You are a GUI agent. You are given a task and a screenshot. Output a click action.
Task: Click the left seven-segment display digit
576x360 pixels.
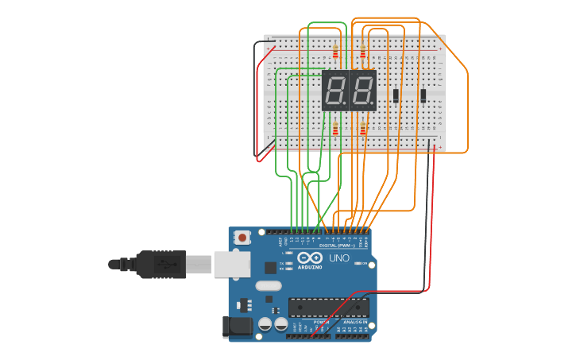334,91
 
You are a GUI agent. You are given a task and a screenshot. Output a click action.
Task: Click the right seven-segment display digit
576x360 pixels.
362,91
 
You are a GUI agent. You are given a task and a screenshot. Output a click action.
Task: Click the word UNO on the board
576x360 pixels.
339,257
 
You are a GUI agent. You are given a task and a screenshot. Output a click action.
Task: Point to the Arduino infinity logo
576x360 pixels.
310,258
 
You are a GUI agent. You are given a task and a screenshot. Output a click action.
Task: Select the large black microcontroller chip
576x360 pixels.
328,307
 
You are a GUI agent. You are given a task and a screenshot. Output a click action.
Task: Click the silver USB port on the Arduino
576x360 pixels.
231,264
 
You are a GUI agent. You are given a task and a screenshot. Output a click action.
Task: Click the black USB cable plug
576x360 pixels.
160,264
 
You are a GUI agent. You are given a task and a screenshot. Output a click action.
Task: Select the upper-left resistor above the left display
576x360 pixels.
335,53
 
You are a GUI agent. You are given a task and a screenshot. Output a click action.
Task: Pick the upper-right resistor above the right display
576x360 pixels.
363,53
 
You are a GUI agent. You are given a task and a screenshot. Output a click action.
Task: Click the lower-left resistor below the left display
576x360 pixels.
335,130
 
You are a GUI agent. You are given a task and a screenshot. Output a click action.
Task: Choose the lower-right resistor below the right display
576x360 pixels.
363,130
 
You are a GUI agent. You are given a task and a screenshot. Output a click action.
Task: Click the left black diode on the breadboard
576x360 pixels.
396,95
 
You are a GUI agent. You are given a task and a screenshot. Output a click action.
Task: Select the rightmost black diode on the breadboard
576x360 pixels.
423,95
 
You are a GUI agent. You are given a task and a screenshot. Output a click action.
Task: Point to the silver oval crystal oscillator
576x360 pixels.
269,285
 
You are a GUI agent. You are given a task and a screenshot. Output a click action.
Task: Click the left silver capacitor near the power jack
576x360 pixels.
265,324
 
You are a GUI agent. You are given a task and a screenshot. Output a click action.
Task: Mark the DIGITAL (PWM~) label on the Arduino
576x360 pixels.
336,246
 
